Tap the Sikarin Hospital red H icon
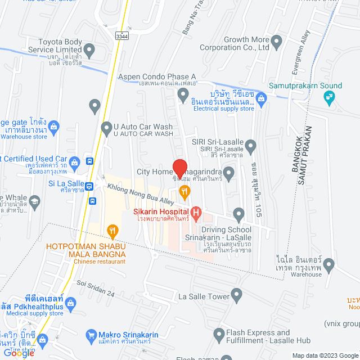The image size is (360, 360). [196, 212]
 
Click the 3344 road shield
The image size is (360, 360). [121, 36]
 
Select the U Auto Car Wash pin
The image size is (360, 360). [106, 129]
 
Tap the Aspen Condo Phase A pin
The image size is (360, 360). [182, 96]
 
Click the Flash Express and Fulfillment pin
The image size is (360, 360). [219, 336]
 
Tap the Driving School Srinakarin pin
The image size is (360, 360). [239, 213]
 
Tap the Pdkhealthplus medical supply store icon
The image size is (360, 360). [71, 304]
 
